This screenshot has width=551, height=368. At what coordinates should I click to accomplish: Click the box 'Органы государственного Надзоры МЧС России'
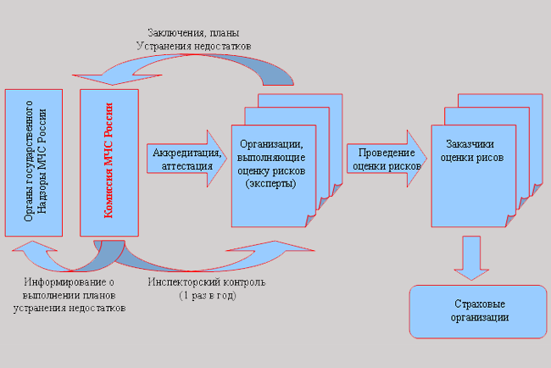(x=34, y=160)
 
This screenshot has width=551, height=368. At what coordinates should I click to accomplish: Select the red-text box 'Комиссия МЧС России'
(x=108, y=160)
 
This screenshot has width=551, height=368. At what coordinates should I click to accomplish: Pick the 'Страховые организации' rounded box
(x=478, y=310)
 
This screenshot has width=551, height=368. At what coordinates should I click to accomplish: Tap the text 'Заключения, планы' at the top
(x=198, y=33)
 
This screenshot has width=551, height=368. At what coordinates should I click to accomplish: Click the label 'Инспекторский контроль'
(x=208, y=282)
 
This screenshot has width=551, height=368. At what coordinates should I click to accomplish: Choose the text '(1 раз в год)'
(x=208, y=295)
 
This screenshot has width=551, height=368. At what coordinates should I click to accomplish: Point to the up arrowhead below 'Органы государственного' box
(x=33, y=253)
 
